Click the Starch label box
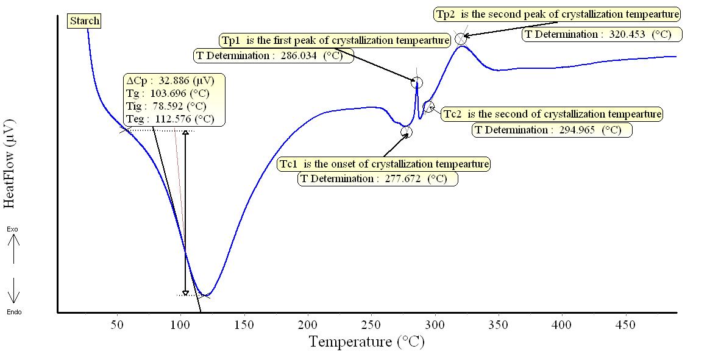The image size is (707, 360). pos(84,21)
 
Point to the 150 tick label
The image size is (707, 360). pos(244,324)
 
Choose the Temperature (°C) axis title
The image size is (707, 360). pos(366,341)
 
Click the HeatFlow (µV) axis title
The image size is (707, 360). pos(10,161)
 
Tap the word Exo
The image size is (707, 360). pos(13,229)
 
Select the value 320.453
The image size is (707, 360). pos(627,34)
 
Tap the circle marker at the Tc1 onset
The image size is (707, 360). pos(407,132)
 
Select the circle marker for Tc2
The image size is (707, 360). pos(428,107)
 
